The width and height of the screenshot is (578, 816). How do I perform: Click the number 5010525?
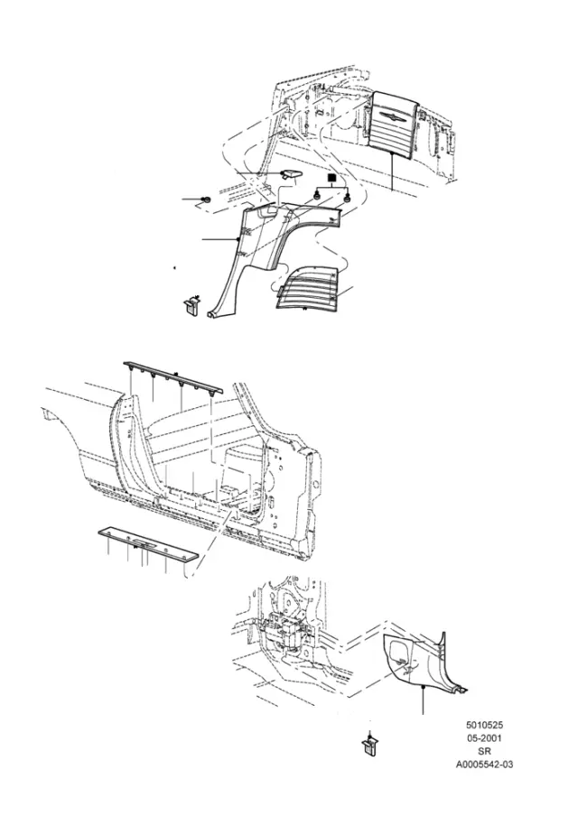click(484, 725)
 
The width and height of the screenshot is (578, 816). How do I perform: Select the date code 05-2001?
click(484, 738)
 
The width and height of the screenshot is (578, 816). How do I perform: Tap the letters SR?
click(484, 752)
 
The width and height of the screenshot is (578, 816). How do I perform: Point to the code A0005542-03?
click(484, 765)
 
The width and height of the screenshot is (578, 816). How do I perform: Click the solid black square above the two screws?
click(331, 178)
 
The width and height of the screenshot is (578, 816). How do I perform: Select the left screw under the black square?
click(315, 196)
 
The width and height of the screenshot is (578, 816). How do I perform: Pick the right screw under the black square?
click(347, 197)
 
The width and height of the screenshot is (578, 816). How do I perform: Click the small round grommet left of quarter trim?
click(206, 199)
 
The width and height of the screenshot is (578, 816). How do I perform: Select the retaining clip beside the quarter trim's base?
click(191, 304)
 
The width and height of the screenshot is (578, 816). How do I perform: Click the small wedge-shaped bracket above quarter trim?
click(291, 174)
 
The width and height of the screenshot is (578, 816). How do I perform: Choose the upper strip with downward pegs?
click(172, 379)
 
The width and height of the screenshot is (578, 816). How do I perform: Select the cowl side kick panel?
click(424, 662)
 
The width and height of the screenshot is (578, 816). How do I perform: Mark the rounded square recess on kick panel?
click(402, 657)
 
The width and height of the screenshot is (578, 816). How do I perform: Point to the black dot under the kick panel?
click(423, 688)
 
